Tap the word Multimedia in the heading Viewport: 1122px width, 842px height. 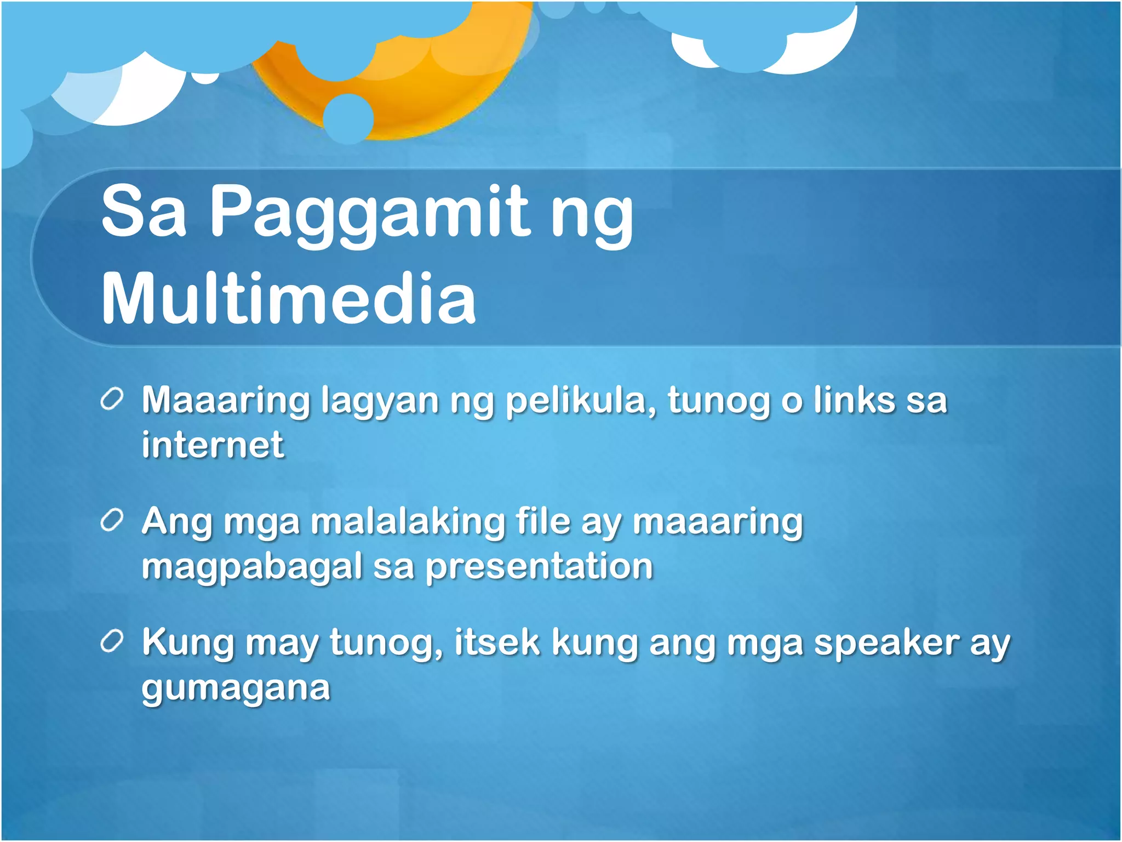pos(289,299)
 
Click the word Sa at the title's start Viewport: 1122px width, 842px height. pos(144,211)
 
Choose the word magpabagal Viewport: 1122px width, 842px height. pos(252,567)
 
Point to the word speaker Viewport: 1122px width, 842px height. pos(886,643)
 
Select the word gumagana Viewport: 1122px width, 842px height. pos(236,688)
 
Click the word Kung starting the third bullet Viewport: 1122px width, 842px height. pos(188,643)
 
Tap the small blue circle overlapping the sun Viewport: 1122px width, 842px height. pos(348,118)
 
